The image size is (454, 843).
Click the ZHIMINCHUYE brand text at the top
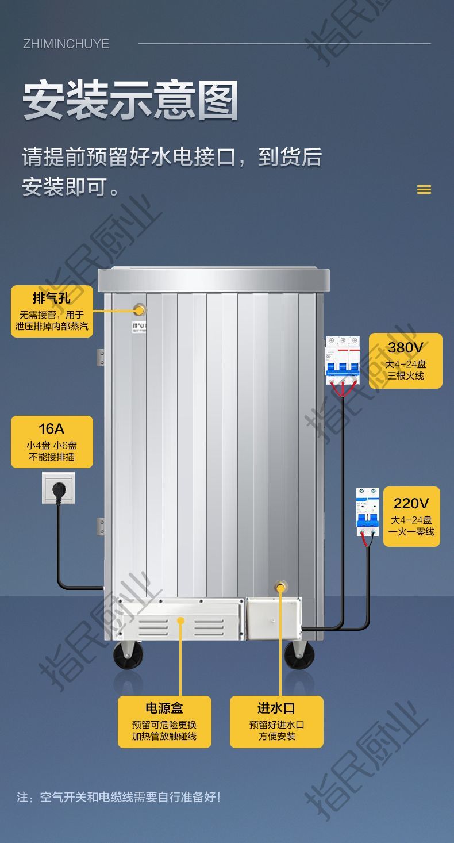click(x=66, y=44)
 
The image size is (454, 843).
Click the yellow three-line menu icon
click(x=424, y=190)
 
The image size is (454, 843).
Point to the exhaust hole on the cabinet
click(x=140, y=311)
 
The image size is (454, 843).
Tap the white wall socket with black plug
click(x=58, y=488)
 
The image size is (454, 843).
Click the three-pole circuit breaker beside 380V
click(x=343, y=361)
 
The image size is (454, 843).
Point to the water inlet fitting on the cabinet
click(x=281, y=588)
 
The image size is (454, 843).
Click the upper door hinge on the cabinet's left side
click(x=101, y=357)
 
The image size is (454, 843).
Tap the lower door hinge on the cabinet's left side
click(x=101, y=527)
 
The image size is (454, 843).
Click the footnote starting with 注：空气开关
click(x=118, y=797)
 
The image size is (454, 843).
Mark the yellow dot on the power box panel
click(x=180, y=620)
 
